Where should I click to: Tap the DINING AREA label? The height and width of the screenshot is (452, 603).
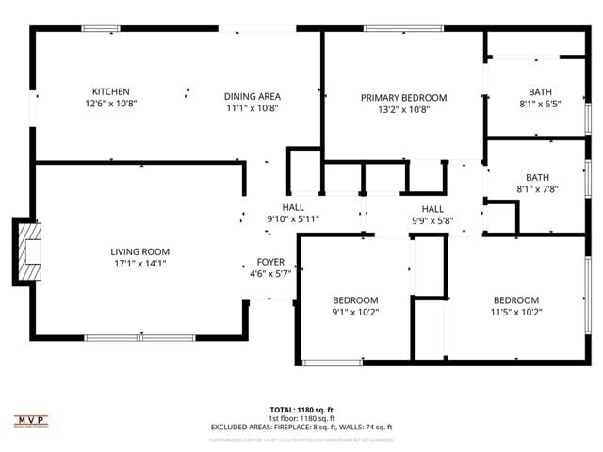pos(252,96)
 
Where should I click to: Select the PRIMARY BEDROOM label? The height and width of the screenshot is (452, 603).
pos(403,97)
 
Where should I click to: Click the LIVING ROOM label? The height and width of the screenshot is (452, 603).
pos(139,251)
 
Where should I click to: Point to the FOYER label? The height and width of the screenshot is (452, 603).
pos(270,262)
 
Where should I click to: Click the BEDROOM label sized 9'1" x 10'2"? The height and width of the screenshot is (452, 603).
pos(354,300)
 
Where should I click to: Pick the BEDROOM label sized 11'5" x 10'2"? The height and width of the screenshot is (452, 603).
pos(516,300)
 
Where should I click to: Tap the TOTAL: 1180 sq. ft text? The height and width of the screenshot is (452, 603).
pos(301,410)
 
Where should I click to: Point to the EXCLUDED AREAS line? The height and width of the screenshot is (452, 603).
pos(301,427)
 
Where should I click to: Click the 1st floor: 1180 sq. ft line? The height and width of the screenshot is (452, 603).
pos(301,418)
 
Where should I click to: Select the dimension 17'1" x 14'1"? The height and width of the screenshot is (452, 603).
pos(139,264)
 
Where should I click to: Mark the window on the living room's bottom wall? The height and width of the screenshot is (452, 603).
pos(139,337)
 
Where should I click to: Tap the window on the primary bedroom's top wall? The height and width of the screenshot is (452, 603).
pos(391,29)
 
